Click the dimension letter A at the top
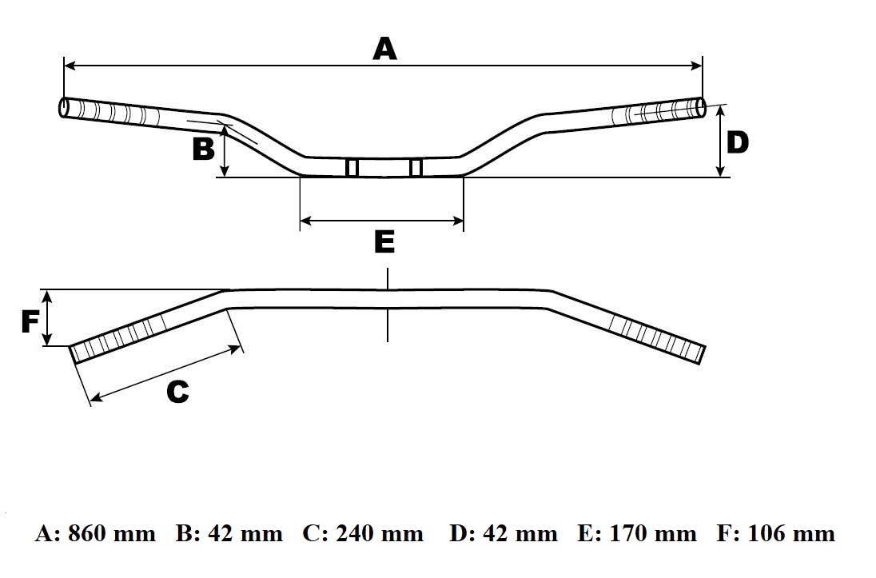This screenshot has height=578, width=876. [x=384, y=49]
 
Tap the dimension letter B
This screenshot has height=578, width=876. [x=204, y=149]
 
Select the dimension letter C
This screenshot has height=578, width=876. [x=177, y=392]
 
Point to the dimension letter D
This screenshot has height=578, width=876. [x=738, y=142]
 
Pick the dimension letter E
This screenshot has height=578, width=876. [x=384, y=241]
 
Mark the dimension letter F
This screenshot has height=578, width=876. [x=30, y=321]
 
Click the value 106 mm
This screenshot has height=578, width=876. [x=791, y=533]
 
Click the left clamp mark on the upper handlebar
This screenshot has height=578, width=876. [x=352, y=168]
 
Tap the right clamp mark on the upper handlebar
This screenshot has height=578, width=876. [x=415, y=168]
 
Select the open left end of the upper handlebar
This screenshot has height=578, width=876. [x=63, y=107]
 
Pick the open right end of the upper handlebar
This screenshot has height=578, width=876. [x=702, y=108]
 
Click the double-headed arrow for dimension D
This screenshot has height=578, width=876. [x=721, y=142]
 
